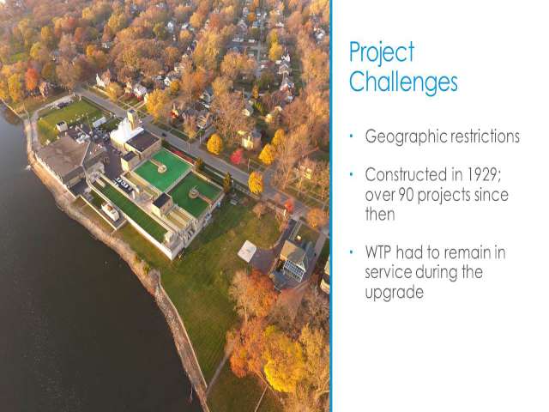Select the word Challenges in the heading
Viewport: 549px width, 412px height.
403,82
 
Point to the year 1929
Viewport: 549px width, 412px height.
484,174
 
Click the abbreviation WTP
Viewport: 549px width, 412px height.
378,252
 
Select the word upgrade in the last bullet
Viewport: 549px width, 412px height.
395,293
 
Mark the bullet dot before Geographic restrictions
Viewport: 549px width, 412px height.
351,136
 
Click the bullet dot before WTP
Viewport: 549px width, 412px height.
351,252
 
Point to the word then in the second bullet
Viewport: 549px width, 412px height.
380,214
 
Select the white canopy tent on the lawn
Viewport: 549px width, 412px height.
247,250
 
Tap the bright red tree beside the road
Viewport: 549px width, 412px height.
237,156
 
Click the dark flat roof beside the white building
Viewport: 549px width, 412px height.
143,141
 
